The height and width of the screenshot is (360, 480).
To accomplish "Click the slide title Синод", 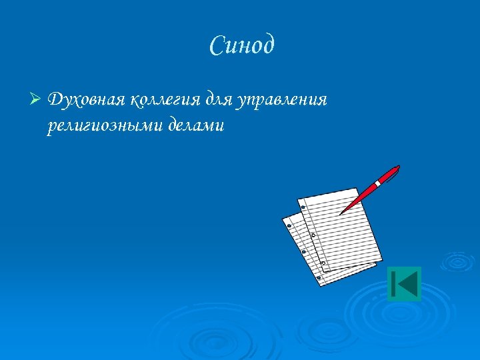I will [241, 46].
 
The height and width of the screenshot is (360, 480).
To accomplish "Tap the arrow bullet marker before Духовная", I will [36, 100].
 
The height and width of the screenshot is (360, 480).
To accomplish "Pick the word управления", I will [286, 101].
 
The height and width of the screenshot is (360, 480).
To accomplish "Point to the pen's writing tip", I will [341, 213].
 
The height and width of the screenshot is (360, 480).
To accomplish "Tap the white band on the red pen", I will [377, 181].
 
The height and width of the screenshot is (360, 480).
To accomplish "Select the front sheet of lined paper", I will [340, 230].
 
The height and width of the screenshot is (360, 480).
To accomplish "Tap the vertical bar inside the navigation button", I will [395, 284].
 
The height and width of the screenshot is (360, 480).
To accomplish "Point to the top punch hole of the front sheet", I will [302, 208].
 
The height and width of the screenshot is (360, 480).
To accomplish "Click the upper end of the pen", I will [397, 167].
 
